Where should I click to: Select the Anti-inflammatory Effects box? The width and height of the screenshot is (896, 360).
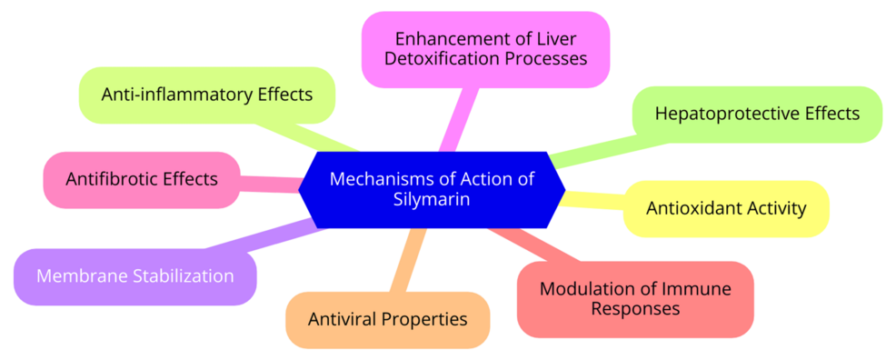pyautogui.click(x=207, y=95)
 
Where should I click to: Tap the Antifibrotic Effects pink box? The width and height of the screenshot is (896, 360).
pyautogui.click(x=142, y=179)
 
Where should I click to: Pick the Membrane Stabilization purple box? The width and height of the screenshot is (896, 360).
pyautogui.click(x=135, y=275)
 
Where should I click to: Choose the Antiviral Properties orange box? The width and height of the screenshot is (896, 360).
pyautogui.click(x=388, y=319)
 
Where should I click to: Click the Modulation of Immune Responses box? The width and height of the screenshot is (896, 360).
pyautogui.click(x=635, y=299)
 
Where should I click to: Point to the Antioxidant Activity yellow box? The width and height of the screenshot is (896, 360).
pyautogui.click(x=726, y=208)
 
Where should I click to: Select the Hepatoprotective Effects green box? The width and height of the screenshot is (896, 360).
pyautogui.click(x=757, y=114)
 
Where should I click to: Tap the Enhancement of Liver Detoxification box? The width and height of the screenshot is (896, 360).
pyautogui.click(x=485, y=49)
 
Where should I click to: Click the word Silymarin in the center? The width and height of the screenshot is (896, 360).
pyautogui.click(x=432, y=200)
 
